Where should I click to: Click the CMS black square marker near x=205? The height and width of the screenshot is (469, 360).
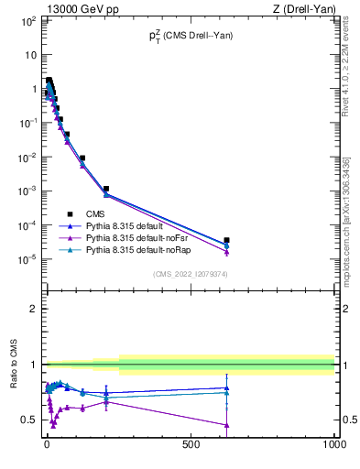[106, 189]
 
